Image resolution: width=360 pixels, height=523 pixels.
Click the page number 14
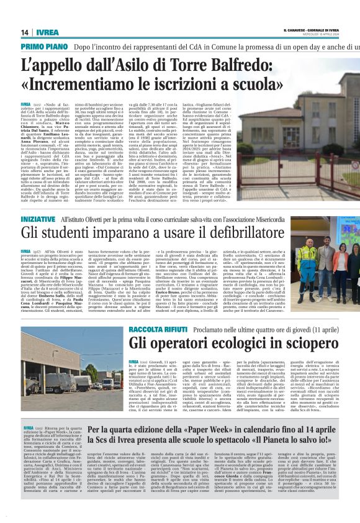click(x=25, y=32)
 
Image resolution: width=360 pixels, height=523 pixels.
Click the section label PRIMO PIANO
click(x=44, y=47)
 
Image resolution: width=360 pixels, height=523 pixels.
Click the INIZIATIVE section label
click(x=38, y=220)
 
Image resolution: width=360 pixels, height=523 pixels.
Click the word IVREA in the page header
click(x=50, y=32)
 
